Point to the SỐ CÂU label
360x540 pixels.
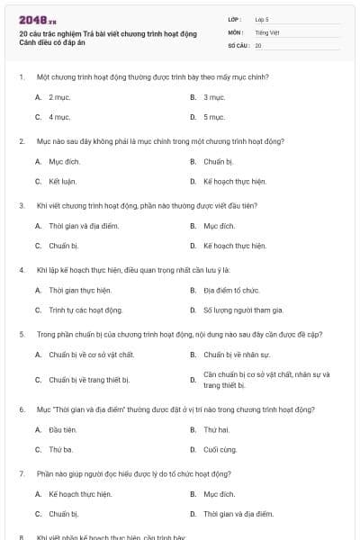point(237,44)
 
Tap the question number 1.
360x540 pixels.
point(21,77)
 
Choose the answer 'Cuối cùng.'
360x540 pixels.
point(220,449)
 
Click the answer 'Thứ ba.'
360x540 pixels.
point(60,449)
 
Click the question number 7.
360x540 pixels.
point(21,472)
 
